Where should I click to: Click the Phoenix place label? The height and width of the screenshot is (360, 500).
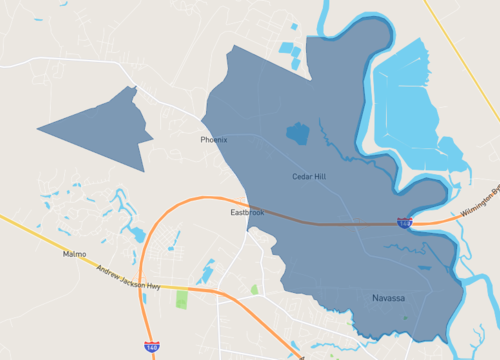(214, 140)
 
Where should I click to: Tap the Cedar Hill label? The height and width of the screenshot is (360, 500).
(309, 177)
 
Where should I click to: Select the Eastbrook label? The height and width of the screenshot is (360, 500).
(247, 213)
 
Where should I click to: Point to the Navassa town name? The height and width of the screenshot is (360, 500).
(388, 299)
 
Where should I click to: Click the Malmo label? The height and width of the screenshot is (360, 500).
(75, 255)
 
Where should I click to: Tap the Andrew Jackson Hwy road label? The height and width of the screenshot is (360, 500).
(127, 277)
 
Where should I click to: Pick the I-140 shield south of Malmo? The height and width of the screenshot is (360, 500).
(151, 347)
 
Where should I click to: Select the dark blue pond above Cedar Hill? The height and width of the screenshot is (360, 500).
(297, 132)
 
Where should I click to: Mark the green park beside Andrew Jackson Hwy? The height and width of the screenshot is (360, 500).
(182, 299)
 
